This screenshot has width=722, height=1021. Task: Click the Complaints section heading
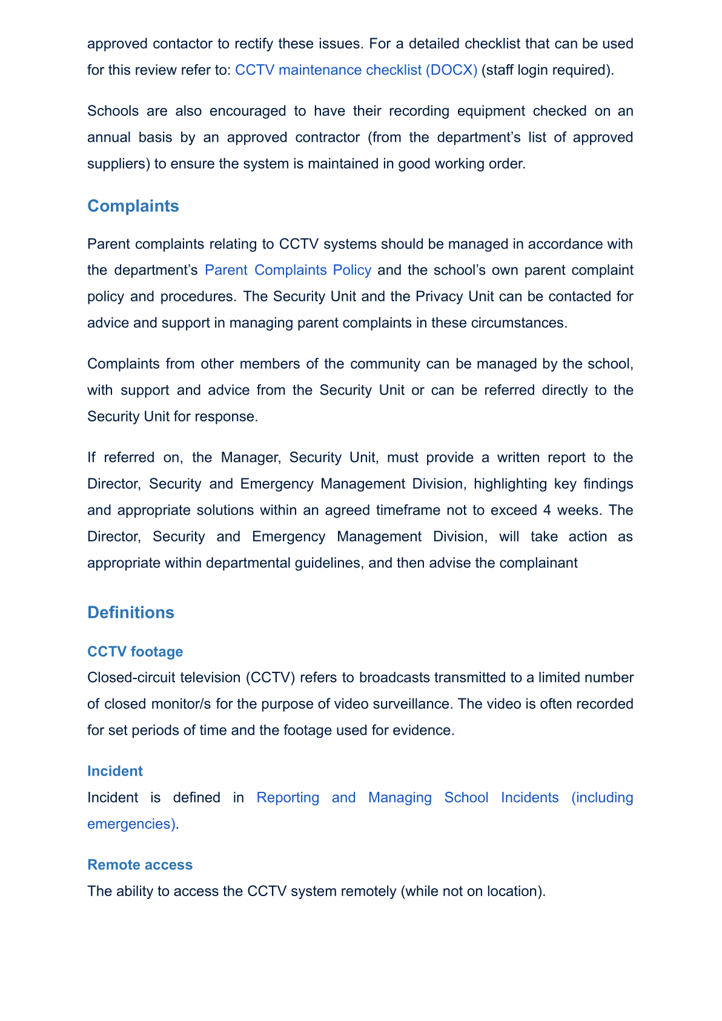coord(133,206)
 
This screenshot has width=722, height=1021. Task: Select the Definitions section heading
coord(131,612)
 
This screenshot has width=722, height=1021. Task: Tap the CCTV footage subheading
coord(135,652)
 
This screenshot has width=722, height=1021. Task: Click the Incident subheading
coord(115,771)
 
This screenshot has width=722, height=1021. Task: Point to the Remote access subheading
coord(140,865)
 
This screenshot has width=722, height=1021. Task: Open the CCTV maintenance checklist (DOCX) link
coord(356,70)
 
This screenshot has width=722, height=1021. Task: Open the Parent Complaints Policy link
coord(288,270)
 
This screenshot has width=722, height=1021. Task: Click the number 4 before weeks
coord(547,510)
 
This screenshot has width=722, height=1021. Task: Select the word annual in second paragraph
coord(105,138)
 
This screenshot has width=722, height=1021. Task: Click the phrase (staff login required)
coord(548,70)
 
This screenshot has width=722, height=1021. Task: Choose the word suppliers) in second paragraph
coord(118,164)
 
